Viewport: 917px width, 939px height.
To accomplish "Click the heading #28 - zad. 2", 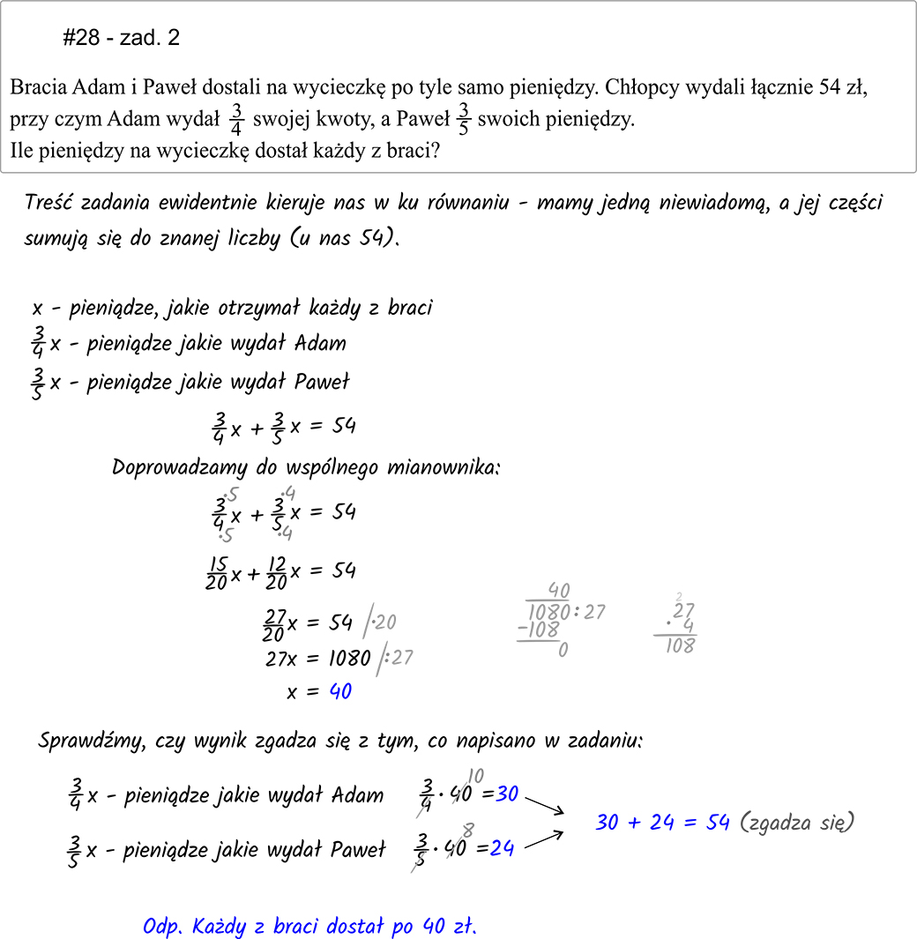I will click(x=122, y=38).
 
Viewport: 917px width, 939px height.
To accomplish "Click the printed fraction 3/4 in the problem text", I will click(x=235, y=119).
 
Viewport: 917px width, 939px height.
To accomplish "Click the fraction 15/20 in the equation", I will click(x=218, y=573).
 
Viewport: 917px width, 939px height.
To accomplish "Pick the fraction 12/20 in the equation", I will click(x=276, y=573).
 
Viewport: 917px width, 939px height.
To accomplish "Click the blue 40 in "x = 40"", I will click(x=340, y=692).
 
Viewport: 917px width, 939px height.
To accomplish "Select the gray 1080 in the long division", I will click(x=549, y=612).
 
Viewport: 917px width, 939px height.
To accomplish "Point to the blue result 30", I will click(x=507, y=794).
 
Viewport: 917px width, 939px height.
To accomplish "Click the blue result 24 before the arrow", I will click(x=503, y=848).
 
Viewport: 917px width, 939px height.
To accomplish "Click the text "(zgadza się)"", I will click(x=797, y=823).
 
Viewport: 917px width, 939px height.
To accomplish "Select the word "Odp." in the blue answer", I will click(x=160, y=927).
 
